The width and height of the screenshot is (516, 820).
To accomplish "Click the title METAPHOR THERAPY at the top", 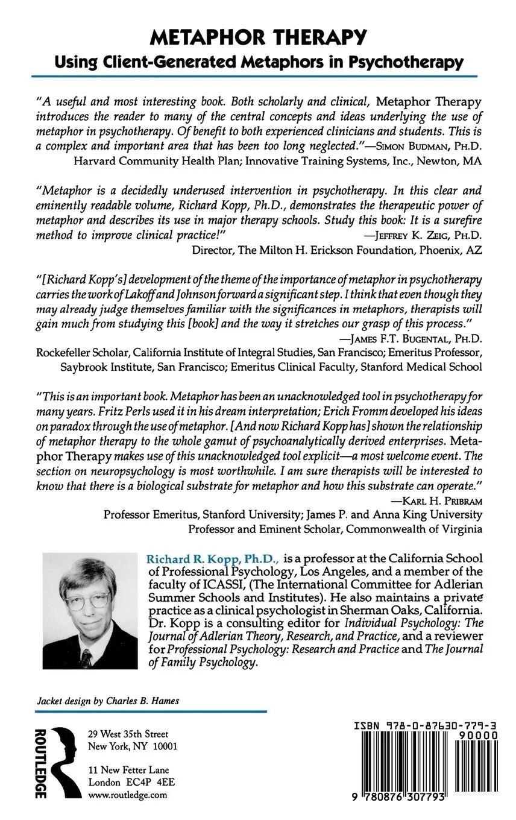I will point(258,37).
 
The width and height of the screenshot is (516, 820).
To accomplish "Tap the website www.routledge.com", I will point(127,795).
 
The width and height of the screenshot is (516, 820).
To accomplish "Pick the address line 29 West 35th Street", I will point(128,734).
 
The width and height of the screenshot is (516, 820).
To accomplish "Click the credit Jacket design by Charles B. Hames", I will point(108,701).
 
